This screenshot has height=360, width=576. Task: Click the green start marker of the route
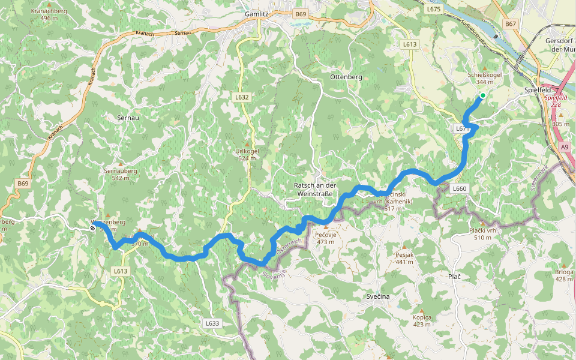[482, 95]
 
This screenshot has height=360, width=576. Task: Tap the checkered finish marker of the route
[93, 227]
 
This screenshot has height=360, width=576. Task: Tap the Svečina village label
[378, 297]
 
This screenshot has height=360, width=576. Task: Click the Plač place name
[454, 275]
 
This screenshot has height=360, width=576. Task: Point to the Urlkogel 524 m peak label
[247, 155]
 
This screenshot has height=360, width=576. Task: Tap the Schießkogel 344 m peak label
[484, 78]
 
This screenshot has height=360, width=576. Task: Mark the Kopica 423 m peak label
[422, 321]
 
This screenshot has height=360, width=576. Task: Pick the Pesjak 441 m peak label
[405, 258]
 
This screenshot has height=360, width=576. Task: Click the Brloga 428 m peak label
[564, 275]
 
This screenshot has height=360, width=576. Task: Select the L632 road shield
[242, 97]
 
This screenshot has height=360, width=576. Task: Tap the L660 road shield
[459, 188]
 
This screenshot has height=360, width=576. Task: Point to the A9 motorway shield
[565, 146]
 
